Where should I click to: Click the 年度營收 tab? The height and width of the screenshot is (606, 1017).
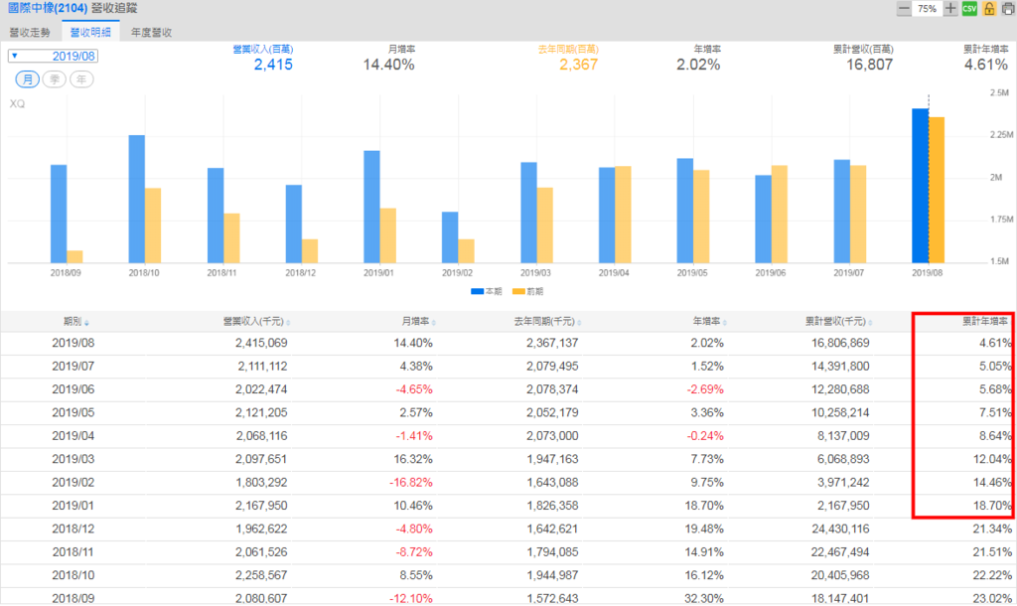pyautogui.click(x=151, y=32)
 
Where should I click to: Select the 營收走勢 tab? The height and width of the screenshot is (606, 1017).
pyautogui.click(x=30, y=32)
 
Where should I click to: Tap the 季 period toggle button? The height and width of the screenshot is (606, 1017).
pyautogui.click(x=54, y=78)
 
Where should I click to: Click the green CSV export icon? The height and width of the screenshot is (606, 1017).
pyautogui.click(x=969, y=9)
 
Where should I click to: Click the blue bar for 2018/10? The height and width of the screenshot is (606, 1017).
pyautogui.click(x=137, y=199)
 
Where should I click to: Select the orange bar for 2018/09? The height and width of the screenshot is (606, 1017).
pyautogui.click(x=74, y=256)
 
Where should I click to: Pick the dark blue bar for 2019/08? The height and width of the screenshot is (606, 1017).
pyautogui.click(x=920, y=185)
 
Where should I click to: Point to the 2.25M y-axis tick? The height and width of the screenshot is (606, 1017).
pyautogui.click(x=997, y=135)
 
